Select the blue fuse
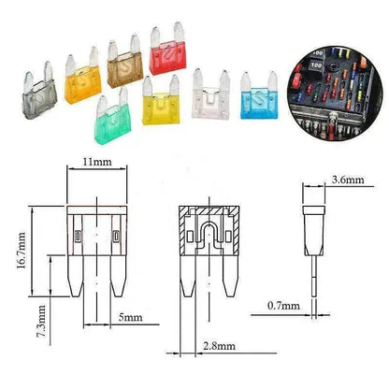pos(258,94)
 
